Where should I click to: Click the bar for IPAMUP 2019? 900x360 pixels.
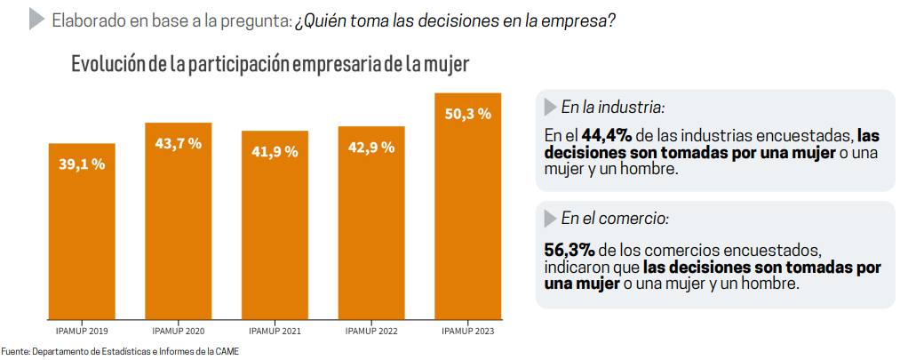[82, 230]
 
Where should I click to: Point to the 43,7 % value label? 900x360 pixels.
[179, 144]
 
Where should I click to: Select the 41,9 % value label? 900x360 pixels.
[275, 151]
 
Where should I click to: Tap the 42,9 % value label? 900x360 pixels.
[371, 147]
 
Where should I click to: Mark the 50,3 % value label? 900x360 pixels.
[467, 114]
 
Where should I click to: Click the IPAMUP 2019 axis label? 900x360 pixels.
[82, 332]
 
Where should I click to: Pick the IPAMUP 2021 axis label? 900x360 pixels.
[275, 332]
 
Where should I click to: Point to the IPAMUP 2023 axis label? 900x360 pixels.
[467, 332]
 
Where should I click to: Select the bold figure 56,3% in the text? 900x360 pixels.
[569, 246]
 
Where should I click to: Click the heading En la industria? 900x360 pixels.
[612, 108]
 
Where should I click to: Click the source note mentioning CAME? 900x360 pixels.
[120, 351]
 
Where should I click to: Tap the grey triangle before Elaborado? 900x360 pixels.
[36, 20]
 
